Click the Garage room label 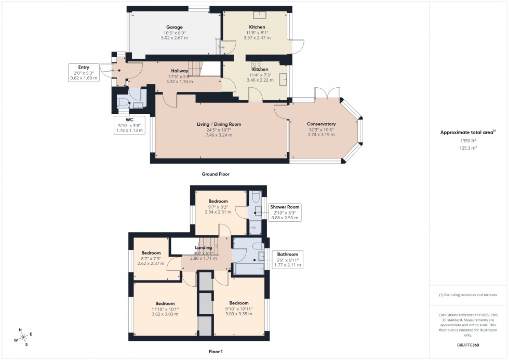coord(174,27)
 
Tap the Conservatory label coord(321,124)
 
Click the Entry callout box coord(84,72)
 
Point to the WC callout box coord(129,125)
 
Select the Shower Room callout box coord(284,212)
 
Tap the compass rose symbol coord(21,337)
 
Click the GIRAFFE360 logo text coord(468,344)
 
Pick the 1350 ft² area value coord(468,141)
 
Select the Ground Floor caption coord(216,175)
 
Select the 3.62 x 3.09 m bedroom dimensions coord(165,314)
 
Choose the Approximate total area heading coord(468,132)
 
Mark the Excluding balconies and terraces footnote coord(468,295)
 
